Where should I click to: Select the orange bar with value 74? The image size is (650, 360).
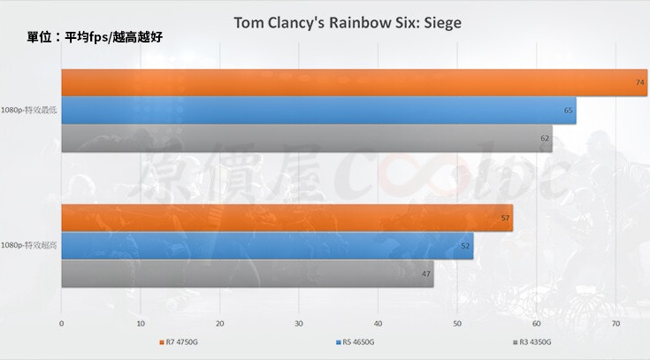[x=354, y=82]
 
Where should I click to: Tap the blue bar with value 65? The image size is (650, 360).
[x=318, y=111]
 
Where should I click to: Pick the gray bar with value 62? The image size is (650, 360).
[x=306, y=138]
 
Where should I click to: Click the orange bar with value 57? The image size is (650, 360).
[x=287, y=218]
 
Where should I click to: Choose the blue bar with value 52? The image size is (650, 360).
[x=267, y=246]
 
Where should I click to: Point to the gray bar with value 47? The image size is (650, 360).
[x=247, y=273]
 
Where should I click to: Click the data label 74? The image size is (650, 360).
[x=639, y=82]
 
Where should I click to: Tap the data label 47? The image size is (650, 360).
[x=426, y=273]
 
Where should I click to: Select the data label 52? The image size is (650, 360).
[x=466, y=246]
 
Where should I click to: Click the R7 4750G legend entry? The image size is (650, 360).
[x=182, y=341]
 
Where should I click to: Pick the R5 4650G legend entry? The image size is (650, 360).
[x=356, y=341]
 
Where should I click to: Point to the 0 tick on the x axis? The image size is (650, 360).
[x=61, y=324]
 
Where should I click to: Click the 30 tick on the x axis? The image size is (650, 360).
[x=299, y=324]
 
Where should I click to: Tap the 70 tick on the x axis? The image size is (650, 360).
[x=616, y=324]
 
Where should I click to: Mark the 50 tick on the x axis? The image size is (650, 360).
[x=457, y=324]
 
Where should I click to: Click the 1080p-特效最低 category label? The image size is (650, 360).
[x=30, y=111]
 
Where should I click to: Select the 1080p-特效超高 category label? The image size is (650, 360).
[x=30, y=245]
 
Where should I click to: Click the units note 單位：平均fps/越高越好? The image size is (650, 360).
[x=94, y=38]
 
